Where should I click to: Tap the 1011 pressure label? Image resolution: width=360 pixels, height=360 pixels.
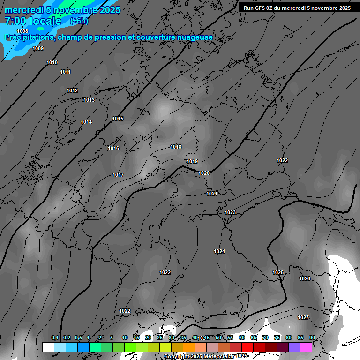(66, 72)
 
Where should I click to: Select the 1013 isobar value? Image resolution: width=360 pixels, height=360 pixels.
(89, 100)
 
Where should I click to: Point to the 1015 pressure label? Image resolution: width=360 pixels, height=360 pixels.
(118, 119)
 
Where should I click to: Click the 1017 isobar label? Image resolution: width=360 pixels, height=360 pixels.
(118, 175)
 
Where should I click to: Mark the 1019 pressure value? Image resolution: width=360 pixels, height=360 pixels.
(192, 161)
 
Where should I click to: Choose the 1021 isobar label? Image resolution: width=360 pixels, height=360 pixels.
(212, 194)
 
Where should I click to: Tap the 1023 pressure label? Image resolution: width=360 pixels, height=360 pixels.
(230, 212)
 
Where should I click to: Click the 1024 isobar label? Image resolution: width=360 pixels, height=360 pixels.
(219, 251)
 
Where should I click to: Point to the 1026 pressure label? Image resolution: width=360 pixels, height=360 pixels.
(305, 278)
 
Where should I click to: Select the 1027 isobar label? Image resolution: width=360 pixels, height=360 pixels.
(303, 317)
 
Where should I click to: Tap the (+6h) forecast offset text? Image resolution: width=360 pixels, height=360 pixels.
(79, 21)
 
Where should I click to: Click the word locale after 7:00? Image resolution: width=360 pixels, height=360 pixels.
(44, 21)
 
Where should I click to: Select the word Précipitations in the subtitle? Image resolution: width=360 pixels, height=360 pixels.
(29, 37)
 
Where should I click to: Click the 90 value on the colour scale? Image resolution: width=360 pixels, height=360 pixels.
(312, 337)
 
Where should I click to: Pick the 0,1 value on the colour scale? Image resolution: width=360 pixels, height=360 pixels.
(55, 337)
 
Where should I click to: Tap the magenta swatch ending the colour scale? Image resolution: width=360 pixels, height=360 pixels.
(306, 347)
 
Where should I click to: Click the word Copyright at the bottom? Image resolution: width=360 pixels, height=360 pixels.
(177, 356)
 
